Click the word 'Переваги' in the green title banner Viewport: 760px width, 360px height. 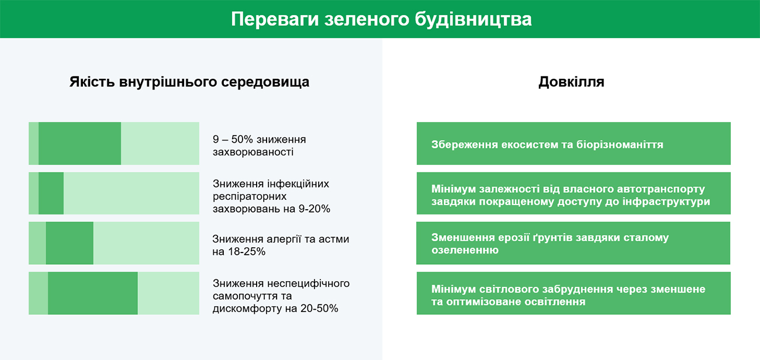pyautogui.click(x=275, y=19)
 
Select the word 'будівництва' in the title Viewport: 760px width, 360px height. pyautogui.click(x=473, y=19)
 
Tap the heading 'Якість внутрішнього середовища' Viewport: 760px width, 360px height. pyautogui.click(x=189, y=82)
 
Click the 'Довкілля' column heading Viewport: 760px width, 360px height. pyautogui.click(x=571, y=82)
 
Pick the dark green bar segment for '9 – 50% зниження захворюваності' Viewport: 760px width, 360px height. pyautogui.click(x=80, y=144)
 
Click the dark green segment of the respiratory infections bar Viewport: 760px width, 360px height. pyautogui.click(x=51, y=193)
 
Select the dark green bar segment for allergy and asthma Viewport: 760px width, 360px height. pyautogui.click(x=70, y=243)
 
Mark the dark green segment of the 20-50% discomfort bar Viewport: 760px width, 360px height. pyautogui.click(x=92, y=293)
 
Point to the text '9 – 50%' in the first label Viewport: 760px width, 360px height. pyautogui.click(x=233, y=140)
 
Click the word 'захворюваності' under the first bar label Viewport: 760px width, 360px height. pyautogui.click(x=253, y=153)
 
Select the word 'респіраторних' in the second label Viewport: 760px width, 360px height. pyautogui.click(x=250, y=196)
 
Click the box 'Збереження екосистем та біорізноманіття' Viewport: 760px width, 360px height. pyautogui.click(x=574, y=144)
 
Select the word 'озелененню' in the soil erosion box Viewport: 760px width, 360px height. pyautogui.click(x=465, y=250)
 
